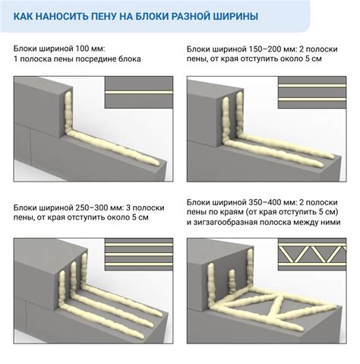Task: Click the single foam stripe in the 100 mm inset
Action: [139, 93]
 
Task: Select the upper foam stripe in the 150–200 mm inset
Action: [312, 86]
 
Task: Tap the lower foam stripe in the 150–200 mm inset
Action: [312, 99]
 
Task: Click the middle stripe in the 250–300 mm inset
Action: [139, 255]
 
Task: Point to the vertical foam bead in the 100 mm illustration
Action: [68, 112]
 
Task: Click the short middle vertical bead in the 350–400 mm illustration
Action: [232, 281]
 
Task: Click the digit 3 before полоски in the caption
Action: [128, 207]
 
